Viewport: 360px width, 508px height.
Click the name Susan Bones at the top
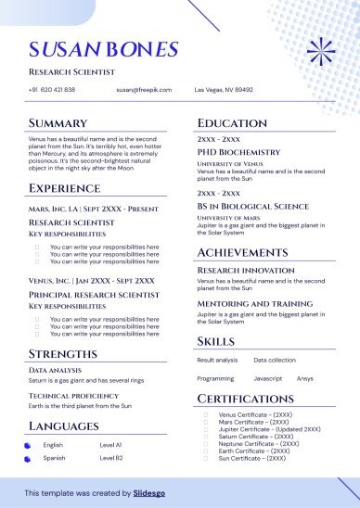pyautogui.click(x=103, y=49)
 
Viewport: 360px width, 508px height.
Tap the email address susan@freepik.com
pyautogui.click(x=139, y=90)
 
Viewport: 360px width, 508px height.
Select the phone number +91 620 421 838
pyautogui.click(x=52, y=90)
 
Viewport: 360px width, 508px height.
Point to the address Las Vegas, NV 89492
pyautogui.click(x=223, y=90)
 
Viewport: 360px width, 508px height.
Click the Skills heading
pyautogui.click(x=216, y=341)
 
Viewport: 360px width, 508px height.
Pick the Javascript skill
pyautogui.click(x=268, y=378)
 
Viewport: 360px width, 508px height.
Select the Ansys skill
pyautogui.click(x=305, y=378)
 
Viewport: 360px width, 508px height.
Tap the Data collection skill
pyautogui.click(x=275, y=359)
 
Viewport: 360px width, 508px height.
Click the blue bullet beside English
pyautogui.click(x=28, y=446)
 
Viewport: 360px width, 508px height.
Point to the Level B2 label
pyautogui.click(x=111, y=458)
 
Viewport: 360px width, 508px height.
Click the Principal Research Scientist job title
pyautogui.click(x=90, y=294)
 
